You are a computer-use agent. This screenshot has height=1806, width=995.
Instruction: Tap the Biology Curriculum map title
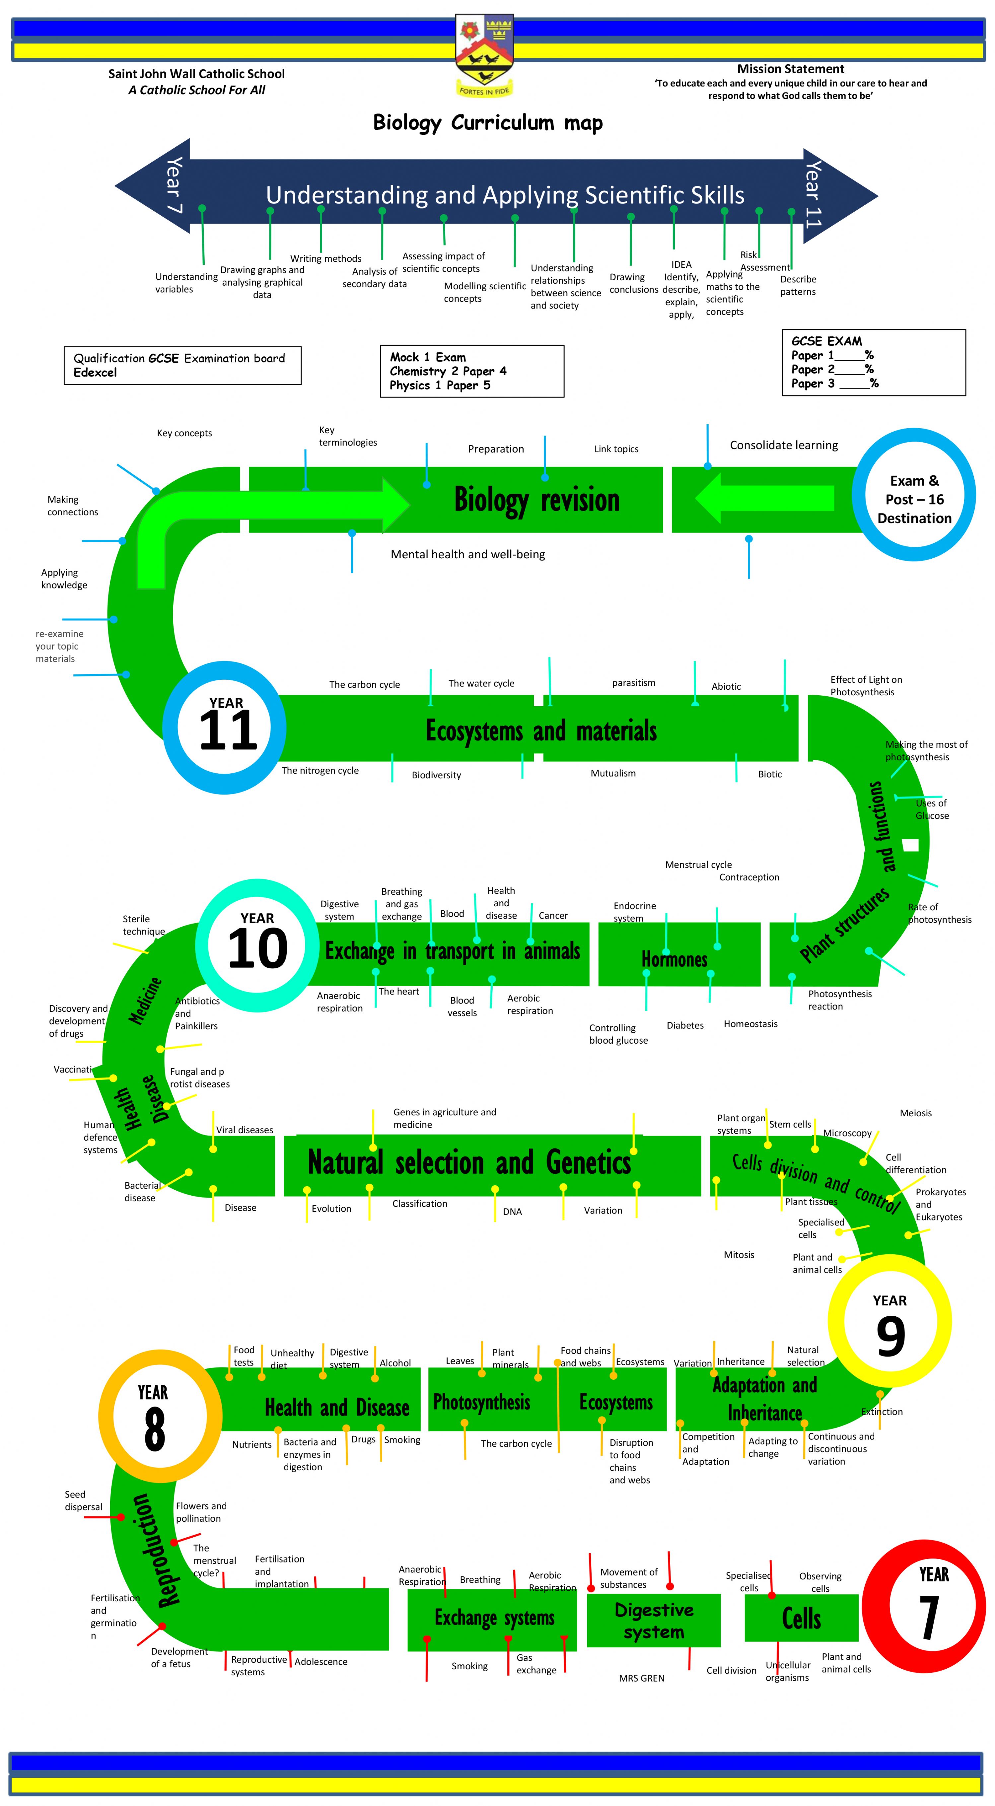tap(488, 123)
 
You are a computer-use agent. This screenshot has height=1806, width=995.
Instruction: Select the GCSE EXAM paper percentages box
tap(874, 363)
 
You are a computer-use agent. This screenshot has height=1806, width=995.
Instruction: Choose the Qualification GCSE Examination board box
tap(182, 365)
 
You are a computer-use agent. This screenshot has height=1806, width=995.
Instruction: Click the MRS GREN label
tap(642, 1678)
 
